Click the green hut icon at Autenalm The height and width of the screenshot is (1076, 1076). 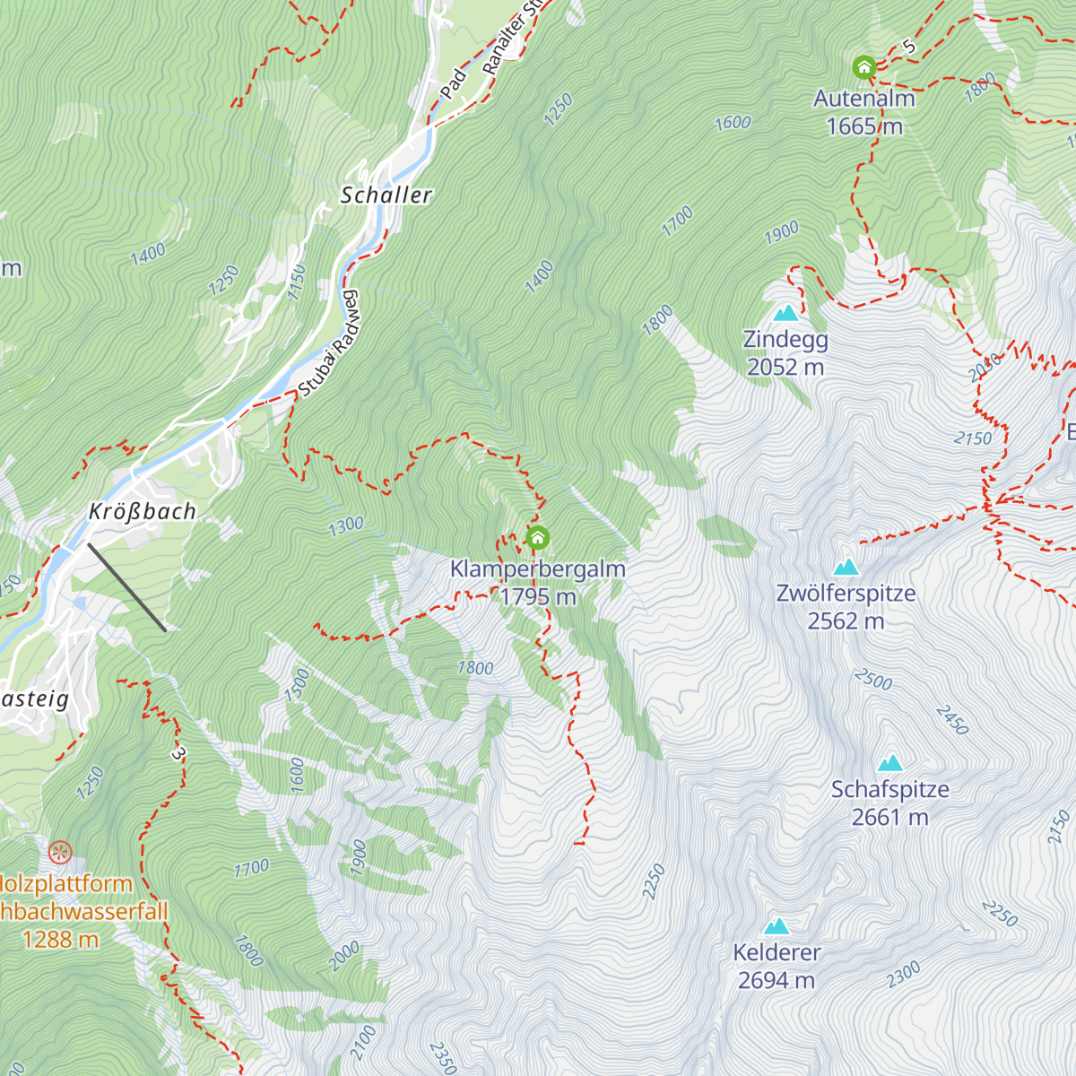tap(863, 67)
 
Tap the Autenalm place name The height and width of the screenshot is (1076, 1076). tap(863, 99)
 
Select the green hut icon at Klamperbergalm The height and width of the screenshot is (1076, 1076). tap(537, 538)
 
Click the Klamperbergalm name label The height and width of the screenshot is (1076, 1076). tap(537, 568)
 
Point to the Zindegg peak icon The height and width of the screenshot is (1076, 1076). tap(785, 313)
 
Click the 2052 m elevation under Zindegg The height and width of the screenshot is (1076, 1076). tap(785, 367)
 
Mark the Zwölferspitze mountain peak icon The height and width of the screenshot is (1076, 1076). tap(846, 567)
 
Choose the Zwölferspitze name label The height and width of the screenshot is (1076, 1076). tap(846, 594)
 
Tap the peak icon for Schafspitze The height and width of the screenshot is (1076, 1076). tap(889, 763)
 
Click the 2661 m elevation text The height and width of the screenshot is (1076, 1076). tap(889, 817)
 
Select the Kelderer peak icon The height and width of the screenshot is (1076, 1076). tap(776, 926)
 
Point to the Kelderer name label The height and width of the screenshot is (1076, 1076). tap(777, 952)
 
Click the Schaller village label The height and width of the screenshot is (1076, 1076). tap(386, 195)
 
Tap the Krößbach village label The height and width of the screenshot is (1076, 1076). tap(142, 512)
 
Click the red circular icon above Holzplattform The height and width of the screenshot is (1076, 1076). tap(59, 851)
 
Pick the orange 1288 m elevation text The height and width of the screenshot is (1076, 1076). tap(60, 940)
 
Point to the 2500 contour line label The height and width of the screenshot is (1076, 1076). tap(872, 680)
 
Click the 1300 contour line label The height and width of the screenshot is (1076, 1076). tap(345, 525)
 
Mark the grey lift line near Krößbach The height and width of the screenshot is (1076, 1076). tap(126, 587)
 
